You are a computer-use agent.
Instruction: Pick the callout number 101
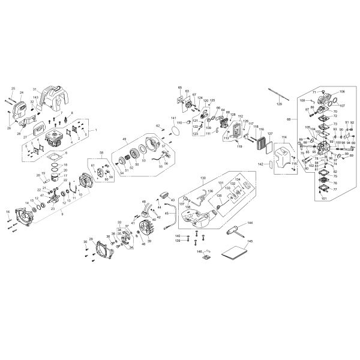tap(325, 197)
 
